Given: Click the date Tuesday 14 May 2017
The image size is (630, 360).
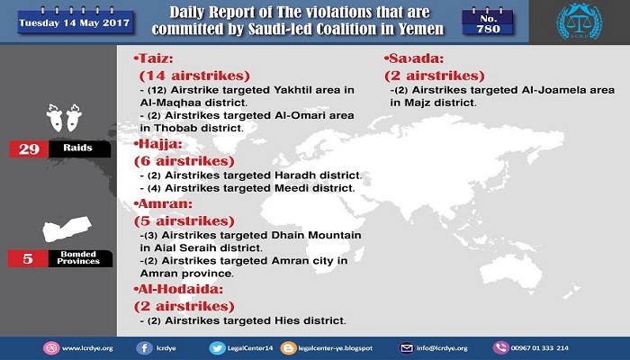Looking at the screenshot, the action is point(75,22).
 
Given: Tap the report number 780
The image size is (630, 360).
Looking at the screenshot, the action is point(488,29).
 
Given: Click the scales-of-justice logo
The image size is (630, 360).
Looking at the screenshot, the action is point(579,22).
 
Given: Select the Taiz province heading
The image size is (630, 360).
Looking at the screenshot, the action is point(154,58).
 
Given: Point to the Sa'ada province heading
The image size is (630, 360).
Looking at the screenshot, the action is point(414,58).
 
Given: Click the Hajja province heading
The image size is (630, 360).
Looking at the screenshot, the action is point(158,144).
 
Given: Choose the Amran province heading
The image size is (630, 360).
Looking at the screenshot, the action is point(163,203).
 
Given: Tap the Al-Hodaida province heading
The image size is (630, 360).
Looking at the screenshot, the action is point(178,289).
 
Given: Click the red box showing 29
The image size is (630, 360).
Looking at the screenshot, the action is point(29,149).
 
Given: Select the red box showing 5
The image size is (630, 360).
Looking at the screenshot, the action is point(28,258).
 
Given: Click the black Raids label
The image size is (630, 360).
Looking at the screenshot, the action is point(79,149).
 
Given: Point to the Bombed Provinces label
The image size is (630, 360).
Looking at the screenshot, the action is point(80,258).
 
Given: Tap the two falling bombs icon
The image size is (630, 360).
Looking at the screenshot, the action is point(64,118).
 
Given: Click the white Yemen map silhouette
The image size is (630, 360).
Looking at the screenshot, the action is point(67,229).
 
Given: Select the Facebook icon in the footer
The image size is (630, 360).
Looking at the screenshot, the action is point(144,348).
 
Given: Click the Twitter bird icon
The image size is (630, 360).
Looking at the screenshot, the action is point(217,348).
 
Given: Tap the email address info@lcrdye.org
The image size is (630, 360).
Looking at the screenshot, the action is point(442,348).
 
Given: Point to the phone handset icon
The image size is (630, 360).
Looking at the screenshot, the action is point(500,348).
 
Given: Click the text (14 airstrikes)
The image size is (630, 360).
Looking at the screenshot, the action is point(194,76).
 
